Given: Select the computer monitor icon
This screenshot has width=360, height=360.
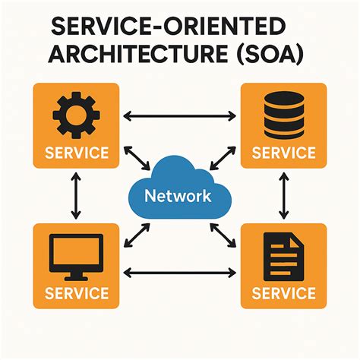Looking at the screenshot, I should click(x=76, y=256).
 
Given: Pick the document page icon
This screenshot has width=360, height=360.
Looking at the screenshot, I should click(x=283, y=256).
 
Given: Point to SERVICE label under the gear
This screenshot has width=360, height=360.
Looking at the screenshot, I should click(x=76, y=153).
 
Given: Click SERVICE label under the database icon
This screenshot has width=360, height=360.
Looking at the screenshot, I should click(x=283, y=153).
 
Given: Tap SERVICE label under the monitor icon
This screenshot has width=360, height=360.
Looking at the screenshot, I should click(x=76, y=292).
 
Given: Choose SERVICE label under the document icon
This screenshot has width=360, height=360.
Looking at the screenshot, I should click(x=283, y=292).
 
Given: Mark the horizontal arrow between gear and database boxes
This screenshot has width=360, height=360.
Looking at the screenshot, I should click(x=179, y=116).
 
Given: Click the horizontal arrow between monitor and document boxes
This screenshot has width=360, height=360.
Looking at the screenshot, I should click(x=179, y=271).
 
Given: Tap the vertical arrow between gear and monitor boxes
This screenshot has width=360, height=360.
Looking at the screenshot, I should click(x=76, y=196).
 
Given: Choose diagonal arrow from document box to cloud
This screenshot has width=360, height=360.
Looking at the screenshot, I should click(x=223, y=236).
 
